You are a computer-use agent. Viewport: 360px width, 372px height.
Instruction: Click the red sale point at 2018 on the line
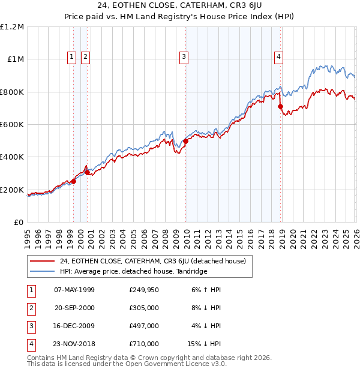pos(280,107)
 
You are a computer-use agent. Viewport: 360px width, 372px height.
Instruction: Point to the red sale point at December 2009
pos(185,142)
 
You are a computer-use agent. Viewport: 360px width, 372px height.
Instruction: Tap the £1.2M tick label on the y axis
pos(12,27)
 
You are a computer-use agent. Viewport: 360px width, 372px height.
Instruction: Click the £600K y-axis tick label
pos(12,125)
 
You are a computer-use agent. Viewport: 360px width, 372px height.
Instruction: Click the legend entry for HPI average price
pos(133,271)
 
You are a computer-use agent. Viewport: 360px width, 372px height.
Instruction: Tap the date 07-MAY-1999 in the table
pos(74,289)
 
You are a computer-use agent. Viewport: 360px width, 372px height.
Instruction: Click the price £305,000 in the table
pos(144,308)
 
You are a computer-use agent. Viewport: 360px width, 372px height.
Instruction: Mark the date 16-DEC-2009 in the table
pos(74,326)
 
